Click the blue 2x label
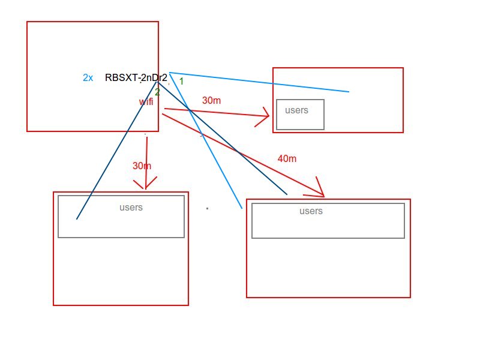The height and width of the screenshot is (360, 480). point(88,78)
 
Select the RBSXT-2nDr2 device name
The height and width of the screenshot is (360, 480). point(136,78)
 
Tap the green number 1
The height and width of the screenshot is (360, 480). point(181,81)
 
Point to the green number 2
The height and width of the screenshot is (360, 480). point(157,92)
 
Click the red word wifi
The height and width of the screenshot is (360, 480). point(146,102)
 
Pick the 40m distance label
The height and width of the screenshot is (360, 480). point(287,159)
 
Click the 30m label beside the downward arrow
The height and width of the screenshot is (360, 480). point(142,166)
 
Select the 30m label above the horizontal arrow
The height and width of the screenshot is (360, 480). point(211,101)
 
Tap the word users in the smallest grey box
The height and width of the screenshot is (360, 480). point(296,110)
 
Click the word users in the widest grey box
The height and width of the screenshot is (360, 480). point(311,211)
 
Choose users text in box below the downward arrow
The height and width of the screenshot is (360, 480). point(131,208)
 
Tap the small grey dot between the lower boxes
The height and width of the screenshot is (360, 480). point(207,208)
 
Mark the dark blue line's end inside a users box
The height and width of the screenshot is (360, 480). point(77,219)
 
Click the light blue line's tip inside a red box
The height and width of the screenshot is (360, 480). point(349,92)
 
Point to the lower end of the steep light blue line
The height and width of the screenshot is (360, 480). point(242,208)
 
